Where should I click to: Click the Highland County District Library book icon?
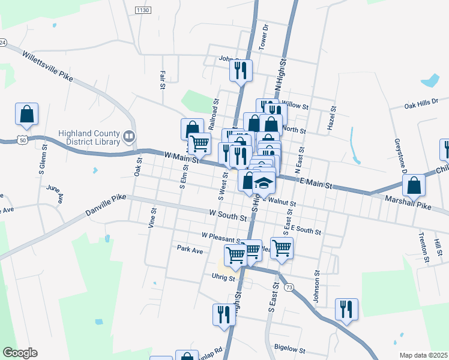tap(128, 137)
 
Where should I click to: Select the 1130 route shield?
tap(142, 10)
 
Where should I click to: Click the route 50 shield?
tap(22, 140)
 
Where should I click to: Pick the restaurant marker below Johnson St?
tap(346, 309)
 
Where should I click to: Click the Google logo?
tap(20, 353)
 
